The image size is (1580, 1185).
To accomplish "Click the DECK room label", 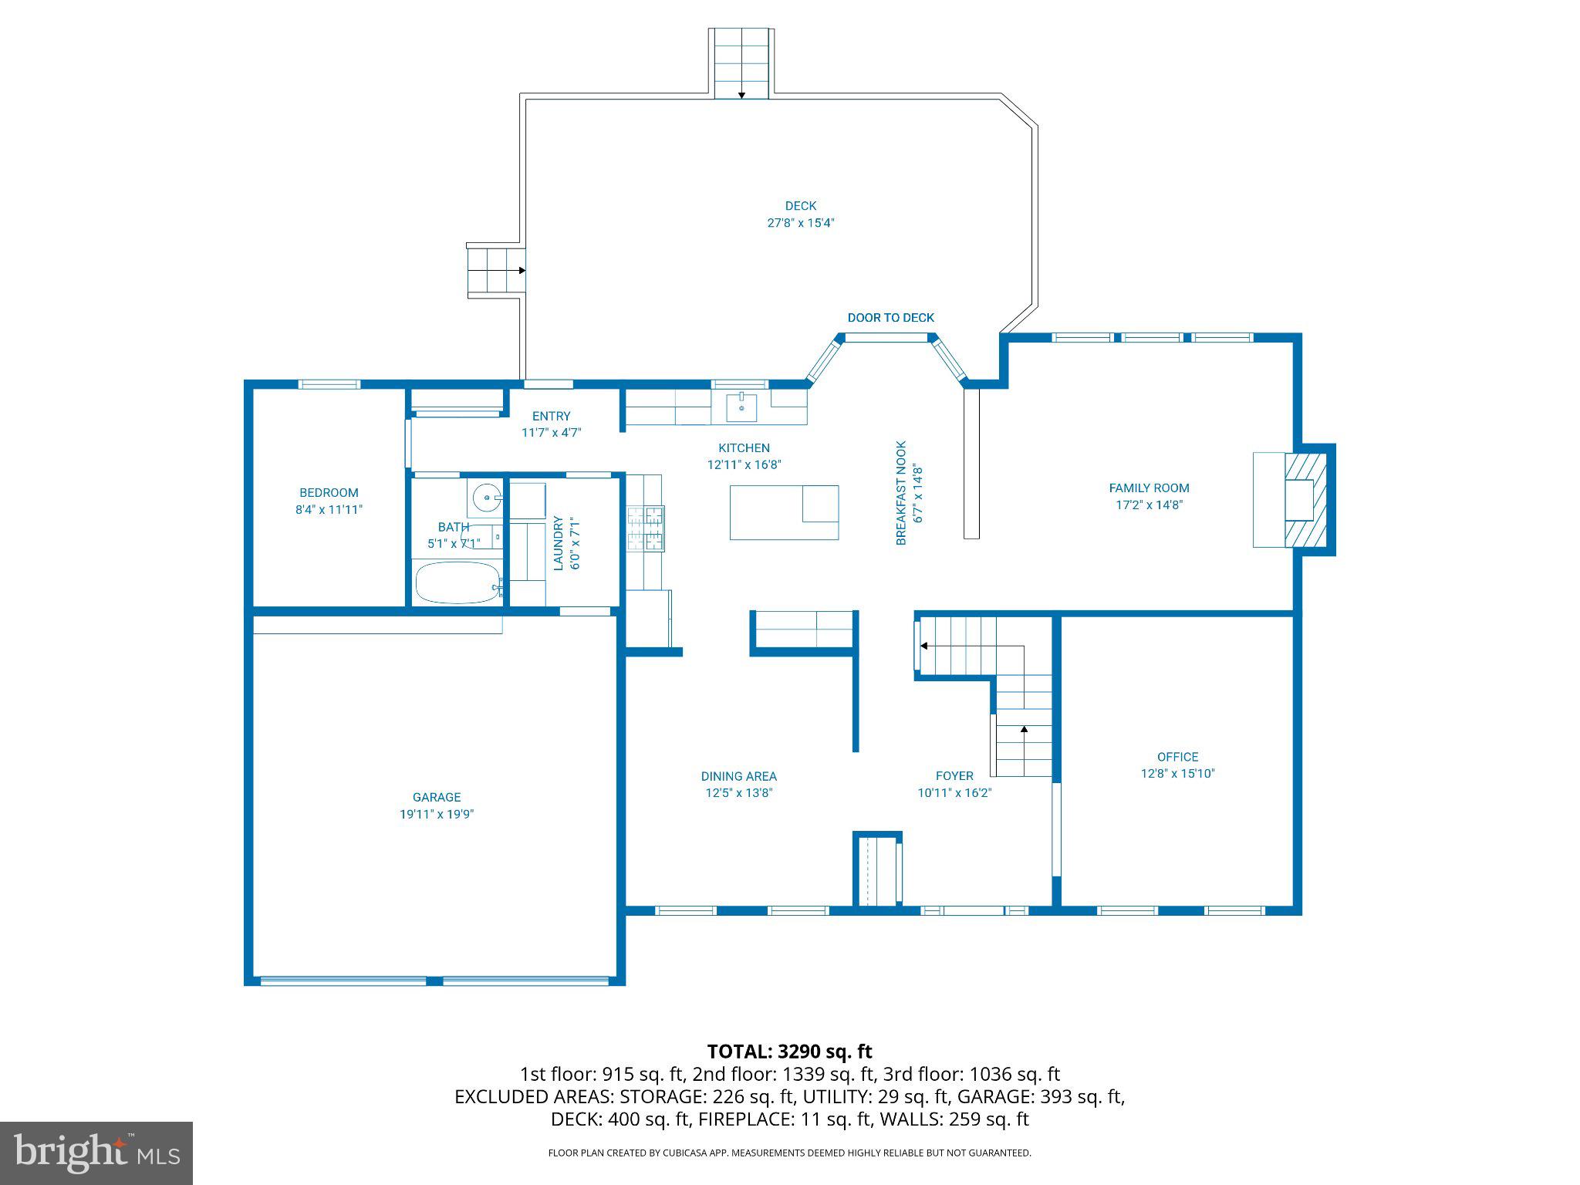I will coord(800,206).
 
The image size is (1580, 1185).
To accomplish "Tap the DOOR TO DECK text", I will coord(890,318).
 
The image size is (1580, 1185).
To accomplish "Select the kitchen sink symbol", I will coord(741,407).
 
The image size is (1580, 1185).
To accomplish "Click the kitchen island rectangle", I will coord(784,512).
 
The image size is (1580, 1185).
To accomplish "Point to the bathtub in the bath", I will coord(457,582).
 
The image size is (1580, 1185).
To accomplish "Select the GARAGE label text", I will coord(437,798).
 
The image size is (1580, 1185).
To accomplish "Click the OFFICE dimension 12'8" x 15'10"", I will coord(1177,774).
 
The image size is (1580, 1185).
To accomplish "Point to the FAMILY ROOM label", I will coord(1149,488).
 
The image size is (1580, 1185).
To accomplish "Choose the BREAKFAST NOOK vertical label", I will coord(901,494).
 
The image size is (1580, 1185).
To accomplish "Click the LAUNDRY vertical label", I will coord(559,543).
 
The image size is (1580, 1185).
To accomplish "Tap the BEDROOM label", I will coord(329,493).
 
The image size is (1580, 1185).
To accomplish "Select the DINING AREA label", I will coord(738,777).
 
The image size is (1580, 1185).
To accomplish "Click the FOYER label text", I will coord(954,776).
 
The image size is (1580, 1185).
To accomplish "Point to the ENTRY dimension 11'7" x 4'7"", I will coord(551,433).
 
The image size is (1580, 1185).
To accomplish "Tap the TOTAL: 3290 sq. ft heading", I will coord(789,1052).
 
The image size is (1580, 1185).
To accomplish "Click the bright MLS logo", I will coord(96,1153).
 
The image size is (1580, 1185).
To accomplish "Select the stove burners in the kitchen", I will coord(645,529).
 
